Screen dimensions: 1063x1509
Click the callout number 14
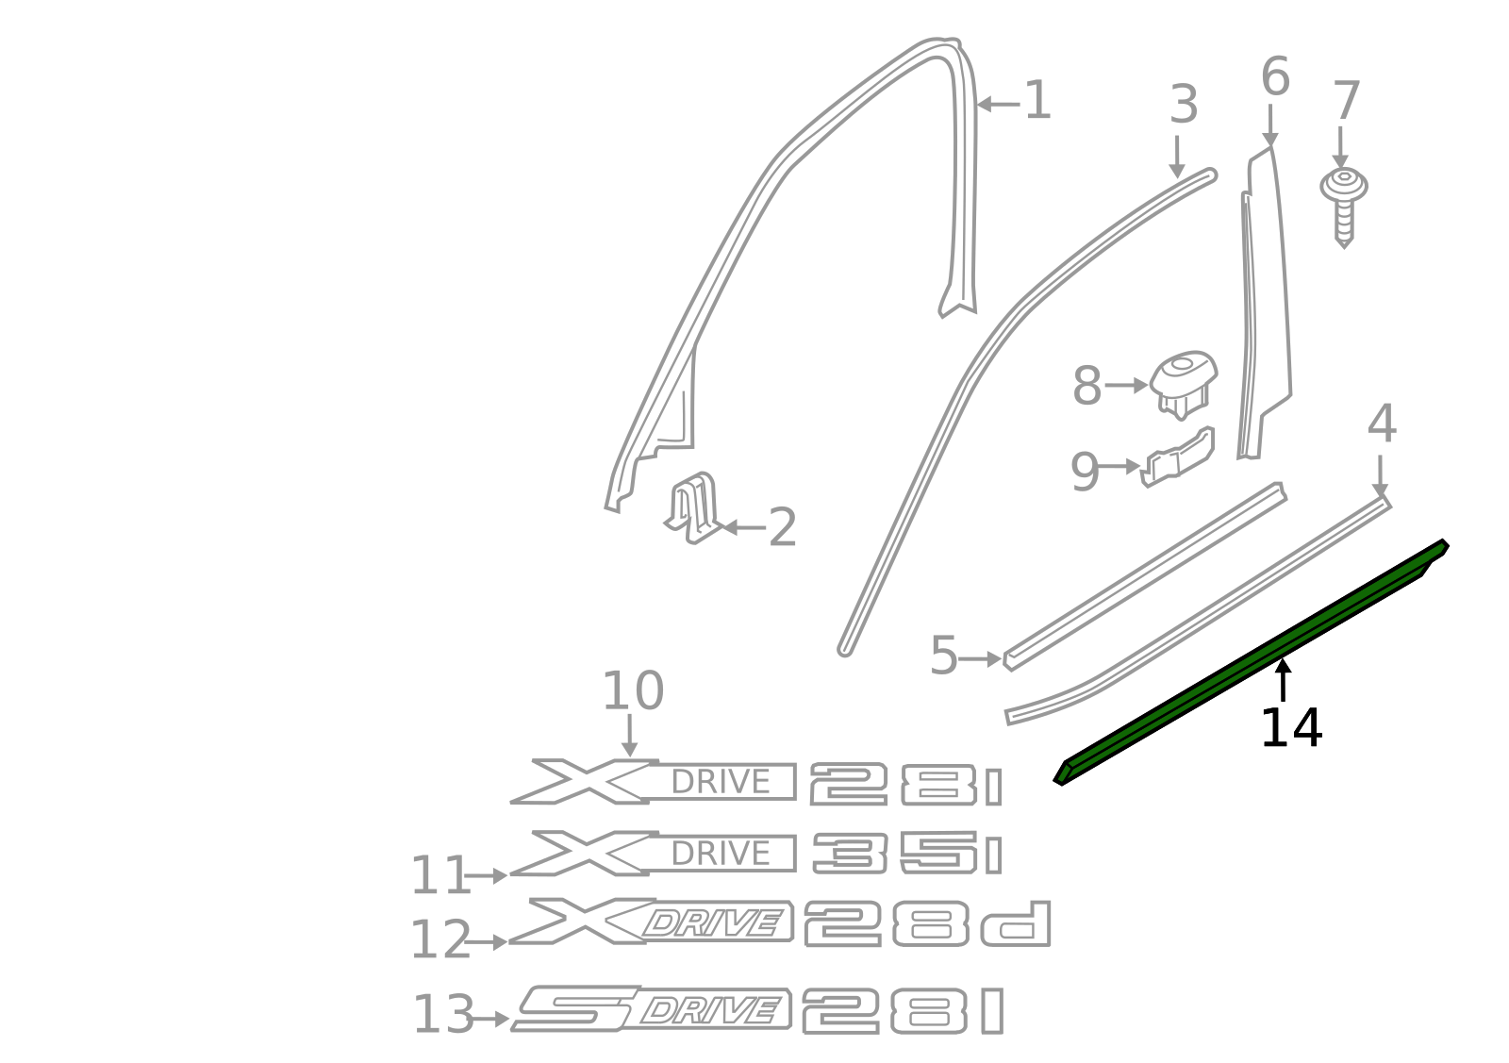point(1290,728)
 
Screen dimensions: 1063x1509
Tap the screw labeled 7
point(1344,203)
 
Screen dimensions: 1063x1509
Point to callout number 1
point(1036,101)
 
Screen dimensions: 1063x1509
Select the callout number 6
point(1274,77)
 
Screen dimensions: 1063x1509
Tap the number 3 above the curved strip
point(1183,105)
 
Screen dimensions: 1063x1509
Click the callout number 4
point(1381,424)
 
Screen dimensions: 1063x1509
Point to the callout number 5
point(943,656)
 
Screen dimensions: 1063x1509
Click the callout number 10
point(632,691)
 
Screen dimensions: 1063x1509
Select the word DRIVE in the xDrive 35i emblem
point(721,854)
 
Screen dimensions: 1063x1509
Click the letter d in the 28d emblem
point(1017,925)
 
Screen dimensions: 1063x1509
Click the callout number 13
point(442,1016)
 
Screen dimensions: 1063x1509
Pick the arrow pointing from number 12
point(487,941)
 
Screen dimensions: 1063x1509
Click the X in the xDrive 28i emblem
point(580,781)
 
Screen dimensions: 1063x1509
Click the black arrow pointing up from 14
point(1283,679)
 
